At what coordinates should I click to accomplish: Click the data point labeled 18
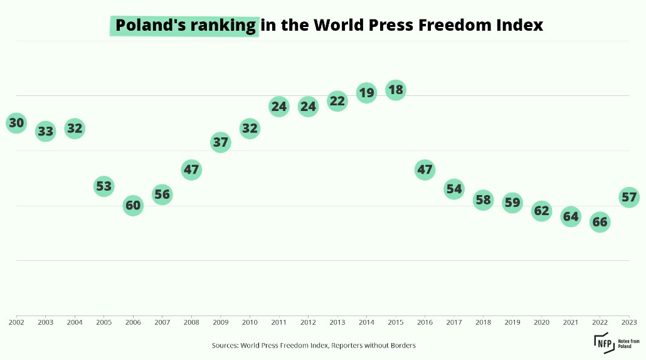click(395, 90)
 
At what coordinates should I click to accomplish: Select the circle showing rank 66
click(600, 221)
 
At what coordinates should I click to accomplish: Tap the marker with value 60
click(133, 205)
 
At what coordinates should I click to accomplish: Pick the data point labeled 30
click(16, 123)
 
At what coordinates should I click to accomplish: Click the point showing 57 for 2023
click(629, 198)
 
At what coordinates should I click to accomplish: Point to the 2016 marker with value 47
click(425, 169)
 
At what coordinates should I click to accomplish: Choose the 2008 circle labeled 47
click(191, 169)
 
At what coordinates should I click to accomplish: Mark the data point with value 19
click(366, 93)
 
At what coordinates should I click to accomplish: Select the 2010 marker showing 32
click(250, 129)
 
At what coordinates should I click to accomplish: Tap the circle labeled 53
click(103, 186)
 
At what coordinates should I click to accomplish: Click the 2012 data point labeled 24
click(308, 107)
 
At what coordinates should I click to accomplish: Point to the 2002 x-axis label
click(16, 322)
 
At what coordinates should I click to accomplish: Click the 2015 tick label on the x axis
click(395, 322)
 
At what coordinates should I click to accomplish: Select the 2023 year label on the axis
click(630, 322)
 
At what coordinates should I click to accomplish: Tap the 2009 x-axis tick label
click(220, 322)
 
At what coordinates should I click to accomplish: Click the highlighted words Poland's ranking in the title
click(185, 26)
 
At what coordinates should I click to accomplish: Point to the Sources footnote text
click(314, 345)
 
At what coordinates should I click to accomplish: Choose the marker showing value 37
click(220, 142)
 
